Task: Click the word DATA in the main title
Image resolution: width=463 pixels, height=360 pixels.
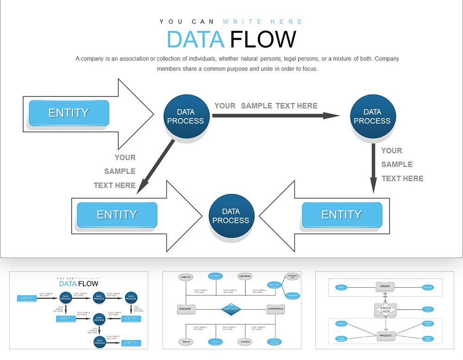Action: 195,39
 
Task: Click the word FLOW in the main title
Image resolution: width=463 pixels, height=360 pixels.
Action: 263,39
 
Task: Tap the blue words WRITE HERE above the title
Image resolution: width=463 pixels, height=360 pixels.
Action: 263,22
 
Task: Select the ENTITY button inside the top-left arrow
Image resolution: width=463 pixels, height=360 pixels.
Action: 69,113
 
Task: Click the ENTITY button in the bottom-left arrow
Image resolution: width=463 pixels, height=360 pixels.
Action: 117,215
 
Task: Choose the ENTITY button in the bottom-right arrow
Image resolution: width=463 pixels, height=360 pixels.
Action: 342,215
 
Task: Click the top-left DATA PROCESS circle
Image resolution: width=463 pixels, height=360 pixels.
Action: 186,117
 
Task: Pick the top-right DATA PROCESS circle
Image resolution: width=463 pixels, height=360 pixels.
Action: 372,117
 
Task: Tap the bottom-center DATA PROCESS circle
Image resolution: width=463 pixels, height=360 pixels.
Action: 231,216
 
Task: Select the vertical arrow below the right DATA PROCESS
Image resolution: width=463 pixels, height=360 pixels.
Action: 373,167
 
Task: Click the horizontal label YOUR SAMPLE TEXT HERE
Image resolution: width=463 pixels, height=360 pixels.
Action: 266,106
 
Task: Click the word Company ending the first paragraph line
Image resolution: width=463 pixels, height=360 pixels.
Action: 386,59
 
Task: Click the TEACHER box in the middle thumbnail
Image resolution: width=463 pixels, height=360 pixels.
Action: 184,309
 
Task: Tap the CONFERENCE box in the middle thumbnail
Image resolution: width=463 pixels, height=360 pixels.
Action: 275,309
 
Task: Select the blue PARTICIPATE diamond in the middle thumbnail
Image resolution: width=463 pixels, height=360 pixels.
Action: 231,309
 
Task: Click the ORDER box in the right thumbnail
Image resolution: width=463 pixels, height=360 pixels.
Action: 385,286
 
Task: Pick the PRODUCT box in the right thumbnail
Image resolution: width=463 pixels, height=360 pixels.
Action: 386,335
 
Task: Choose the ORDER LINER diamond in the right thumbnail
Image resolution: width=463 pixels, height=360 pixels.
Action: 385,310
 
